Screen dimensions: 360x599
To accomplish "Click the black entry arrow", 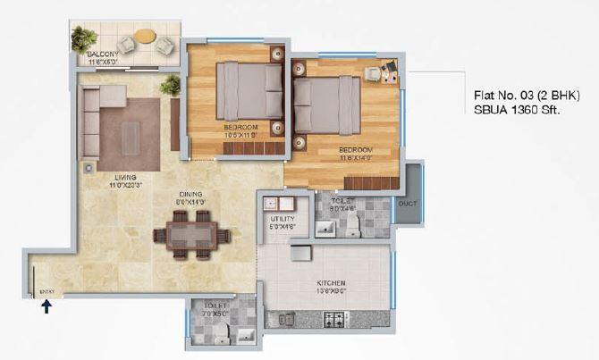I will pos(46,307).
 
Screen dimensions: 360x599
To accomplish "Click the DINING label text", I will pos(190,194).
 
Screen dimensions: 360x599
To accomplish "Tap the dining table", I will pos(191,235).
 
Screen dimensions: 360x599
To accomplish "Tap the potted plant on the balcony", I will pos(83,38).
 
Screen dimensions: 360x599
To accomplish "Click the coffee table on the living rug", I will pos(131,135).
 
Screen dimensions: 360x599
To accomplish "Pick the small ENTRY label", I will pos(47,290).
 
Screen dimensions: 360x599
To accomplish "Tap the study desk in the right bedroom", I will pos(384,72).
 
